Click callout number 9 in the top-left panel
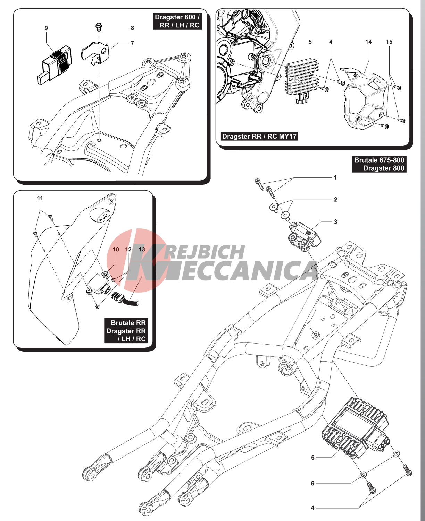click(46, 28)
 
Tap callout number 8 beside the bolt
click(132, 28)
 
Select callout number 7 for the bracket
click(132, 43)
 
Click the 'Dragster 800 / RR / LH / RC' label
click(177, 21)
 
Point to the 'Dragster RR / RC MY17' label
click(259, 136)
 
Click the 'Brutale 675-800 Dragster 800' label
click(379, 164)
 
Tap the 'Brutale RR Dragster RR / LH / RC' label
click(126, 331)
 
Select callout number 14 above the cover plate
click(368, 42)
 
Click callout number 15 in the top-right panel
click(389, 42)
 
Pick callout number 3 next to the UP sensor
click(335, 222)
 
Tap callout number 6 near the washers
click(312, 483)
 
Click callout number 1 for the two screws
click(335, 177)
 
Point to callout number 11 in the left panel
click(40, 198)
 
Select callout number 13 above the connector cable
click(142, 249)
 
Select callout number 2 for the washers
click(335, 199)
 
